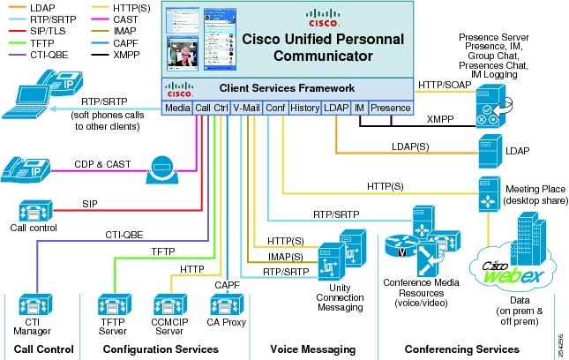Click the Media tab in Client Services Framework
point(176,108)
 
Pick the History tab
point(303,108)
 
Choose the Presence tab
point(390,108)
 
